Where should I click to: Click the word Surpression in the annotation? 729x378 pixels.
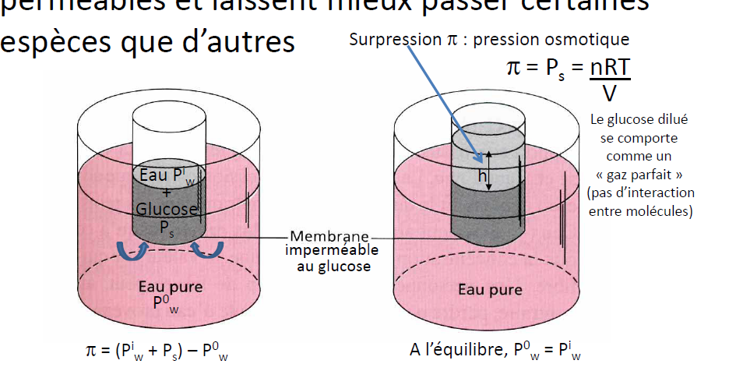click(382, 39)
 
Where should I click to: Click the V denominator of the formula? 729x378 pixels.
click(610, 94)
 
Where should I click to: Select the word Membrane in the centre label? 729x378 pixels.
click(328, 236)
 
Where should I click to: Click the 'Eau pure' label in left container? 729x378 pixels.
click(170, 286)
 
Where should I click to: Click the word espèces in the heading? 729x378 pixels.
click(46, 43)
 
